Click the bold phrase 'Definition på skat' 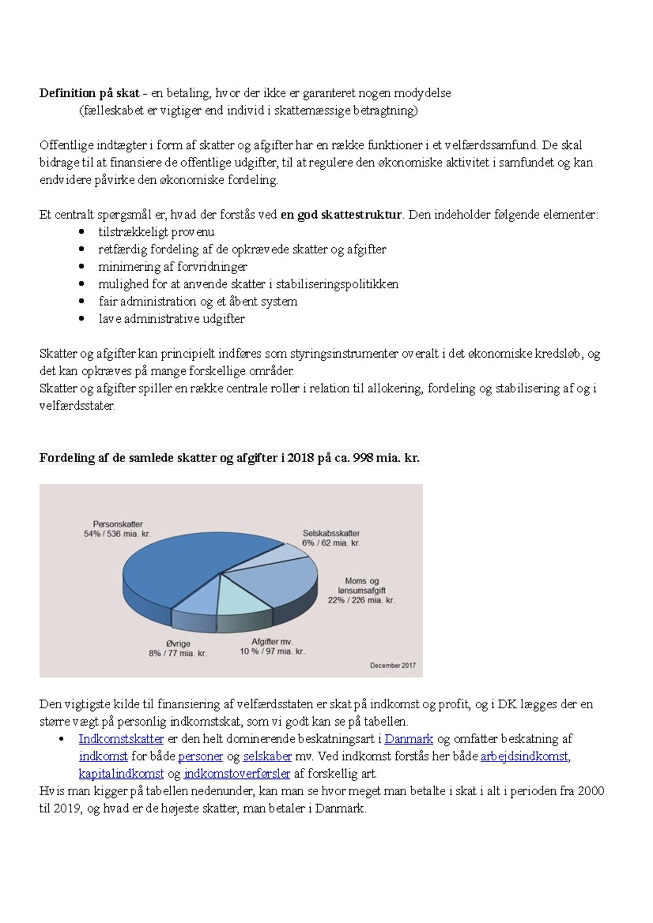pos(89,93)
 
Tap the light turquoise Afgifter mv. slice pos(243,598)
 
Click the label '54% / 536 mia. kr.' pos(117,534)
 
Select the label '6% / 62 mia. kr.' pos(331,543)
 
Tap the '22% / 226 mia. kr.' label pos(361,601)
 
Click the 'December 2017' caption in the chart pos(393,665)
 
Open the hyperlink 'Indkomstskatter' pos(121,739)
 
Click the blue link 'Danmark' pos(409,739)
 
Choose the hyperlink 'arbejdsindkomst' pos(524,757)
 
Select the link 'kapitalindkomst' pos(121,774)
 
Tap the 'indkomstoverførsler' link pos(237,774)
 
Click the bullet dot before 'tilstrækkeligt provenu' pos(82,232)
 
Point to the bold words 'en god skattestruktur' pos(341,215)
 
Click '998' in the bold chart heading pos(362,458)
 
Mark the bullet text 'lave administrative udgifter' pos(171,319)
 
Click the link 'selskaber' pos(267,757)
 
